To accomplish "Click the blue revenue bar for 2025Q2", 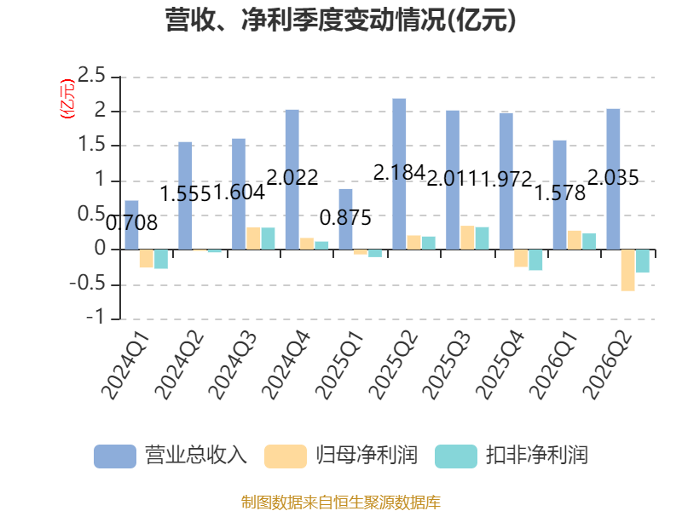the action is click(399, 174).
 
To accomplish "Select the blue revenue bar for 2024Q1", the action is click(132, 225).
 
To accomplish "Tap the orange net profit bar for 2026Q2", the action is click(627, 270).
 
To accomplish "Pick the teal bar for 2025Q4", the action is click(535, 260).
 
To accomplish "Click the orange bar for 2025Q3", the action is click(467, 238).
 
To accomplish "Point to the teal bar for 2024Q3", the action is click(268, 238).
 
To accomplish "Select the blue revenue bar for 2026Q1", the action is click(559, 195).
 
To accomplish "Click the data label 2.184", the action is click(399, 173).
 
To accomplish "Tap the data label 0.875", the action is click(345, 218).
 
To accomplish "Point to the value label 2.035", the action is click(613, 177).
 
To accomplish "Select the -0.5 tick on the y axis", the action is click(88, 284).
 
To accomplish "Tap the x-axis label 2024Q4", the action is click(286, 365).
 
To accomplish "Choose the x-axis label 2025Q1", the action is click(339, 365).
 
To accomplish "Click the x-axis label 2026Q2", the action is click(607, 365).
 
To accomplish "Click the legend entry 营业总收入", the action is click(170, 456).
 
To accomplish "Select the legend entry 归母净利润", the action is click(341, 456).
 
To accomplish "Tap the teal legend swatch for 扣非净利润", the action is click(456, 456).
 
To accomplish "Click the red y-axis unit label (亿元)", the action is click(67, 99).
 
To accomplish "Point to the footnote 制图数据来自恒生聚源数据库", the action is click(341, 502).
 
